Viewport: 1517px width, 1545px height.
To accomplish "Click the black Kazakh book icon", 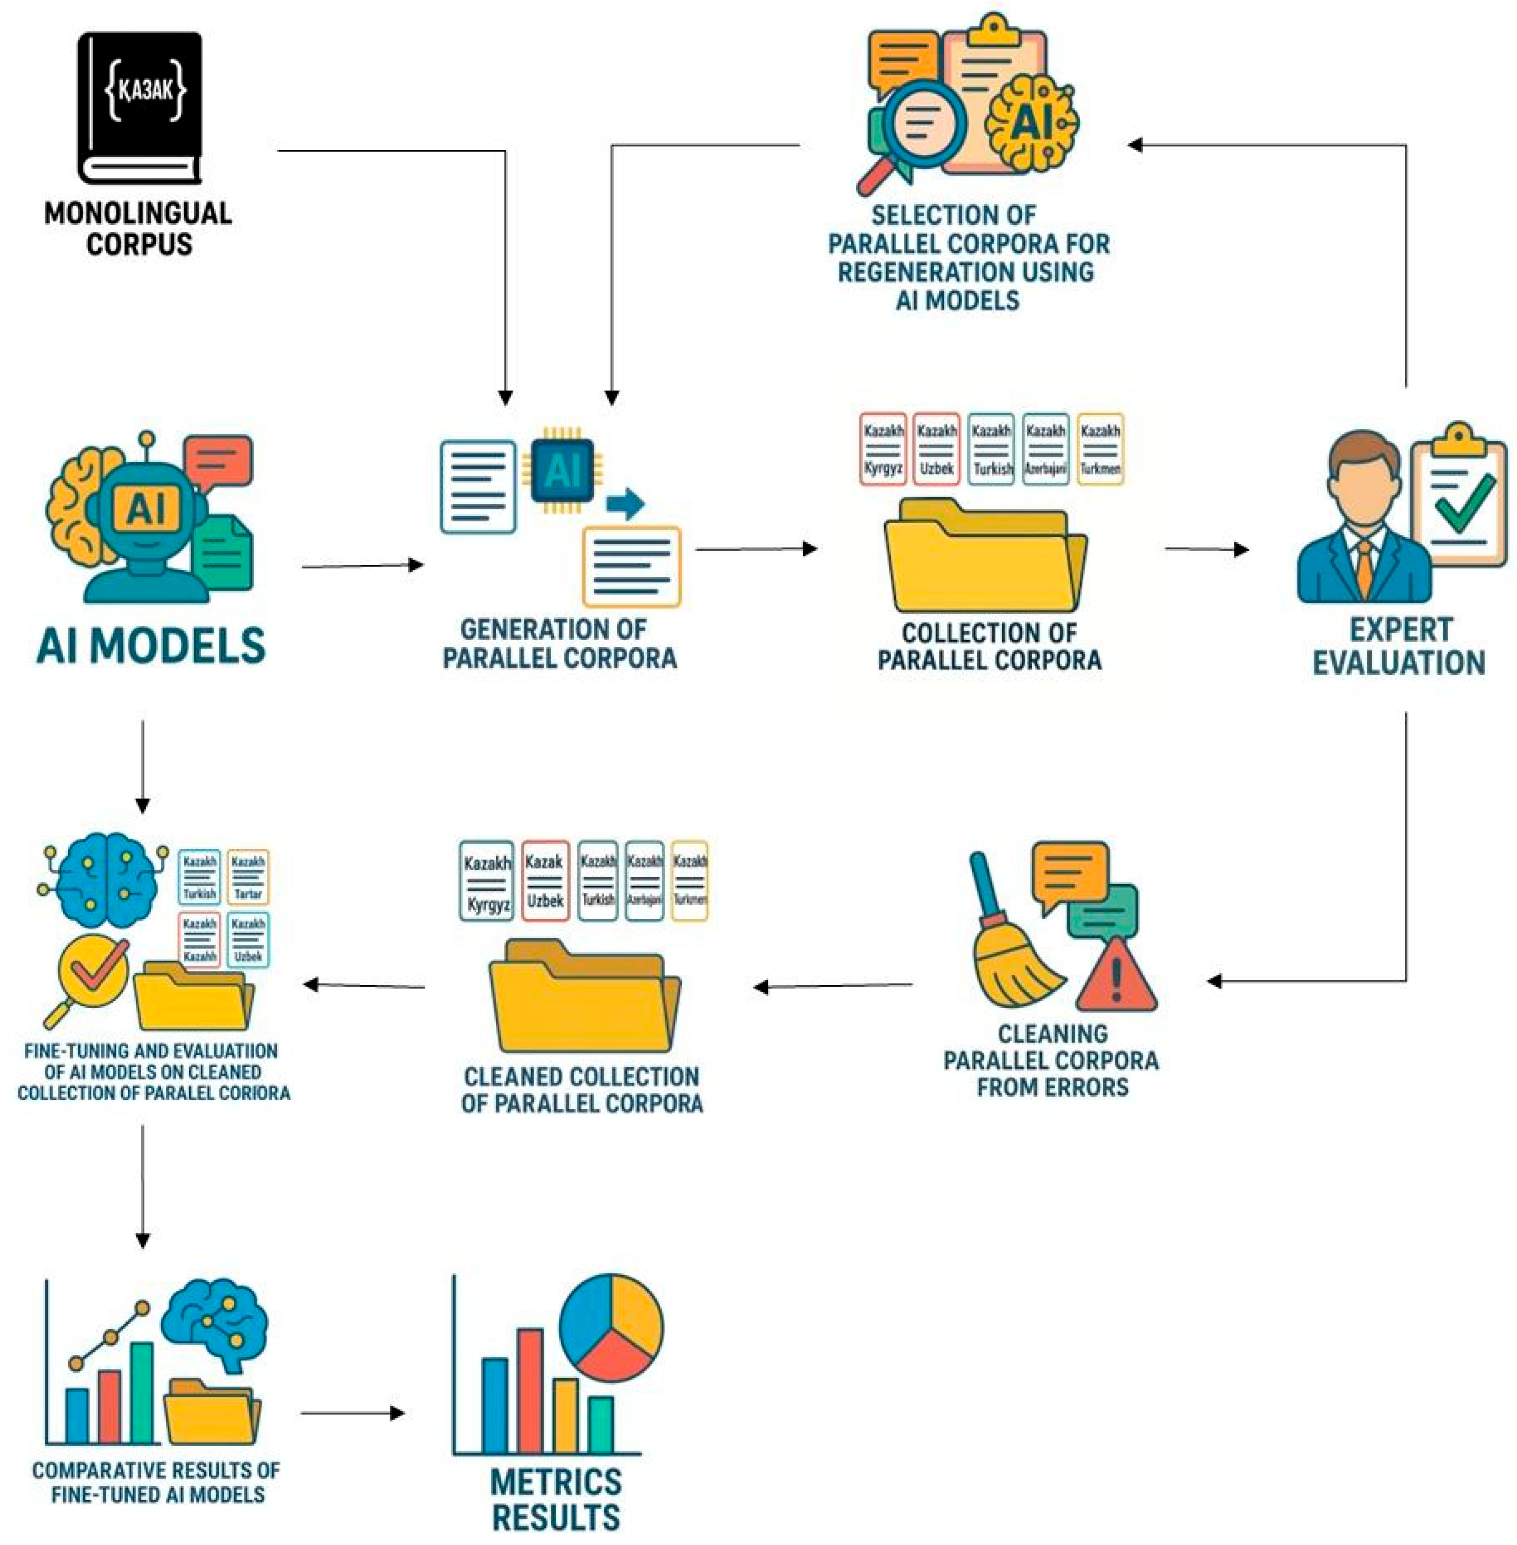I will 139,108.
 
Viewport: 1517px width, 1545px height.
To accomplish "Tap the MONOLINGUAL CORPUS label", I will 138,229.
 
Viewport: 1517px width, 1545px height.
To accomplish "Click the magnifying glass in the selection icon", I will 916,127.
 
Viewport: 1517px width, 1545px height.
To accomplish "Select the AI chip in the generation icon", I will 563,471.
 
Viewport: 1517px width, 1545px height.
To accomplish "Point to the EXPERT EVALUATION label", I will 1399,646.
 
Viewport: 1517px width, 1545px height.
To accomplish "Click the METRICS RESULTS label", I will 556,1499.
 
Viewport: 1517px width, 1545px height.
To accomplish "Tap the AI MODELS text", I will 151,645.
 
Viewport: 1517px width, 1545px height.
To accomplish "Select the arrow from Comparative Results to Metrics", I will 352,1414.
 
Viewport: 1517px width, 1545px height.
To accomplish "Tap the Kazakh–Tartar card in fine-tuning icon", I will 248,877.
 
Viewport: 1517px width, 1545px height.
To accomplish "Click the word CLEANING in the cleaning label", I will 1052,1034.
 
